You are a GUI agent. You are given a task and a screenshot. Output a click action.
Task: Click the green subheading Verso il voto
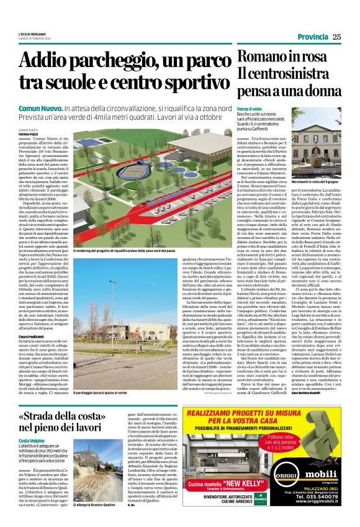tap(249, 109)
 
